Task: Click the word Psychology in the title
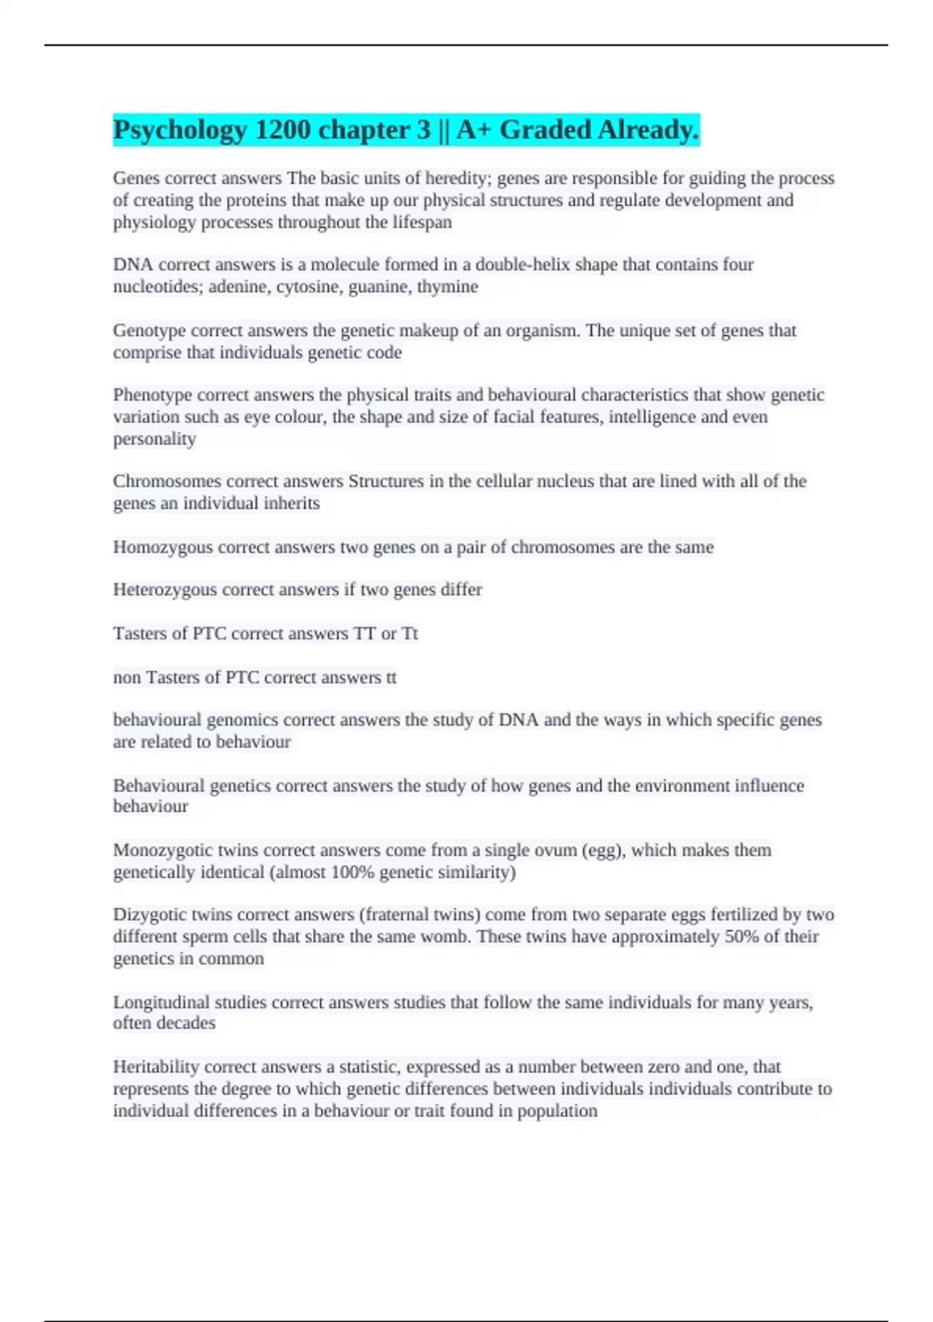[x=180, y=130]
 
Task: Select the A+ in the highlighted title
[x=474, y=130]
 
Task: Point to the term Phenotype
[x=152, y=395]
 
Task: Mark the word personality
[x=155, y=439]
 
